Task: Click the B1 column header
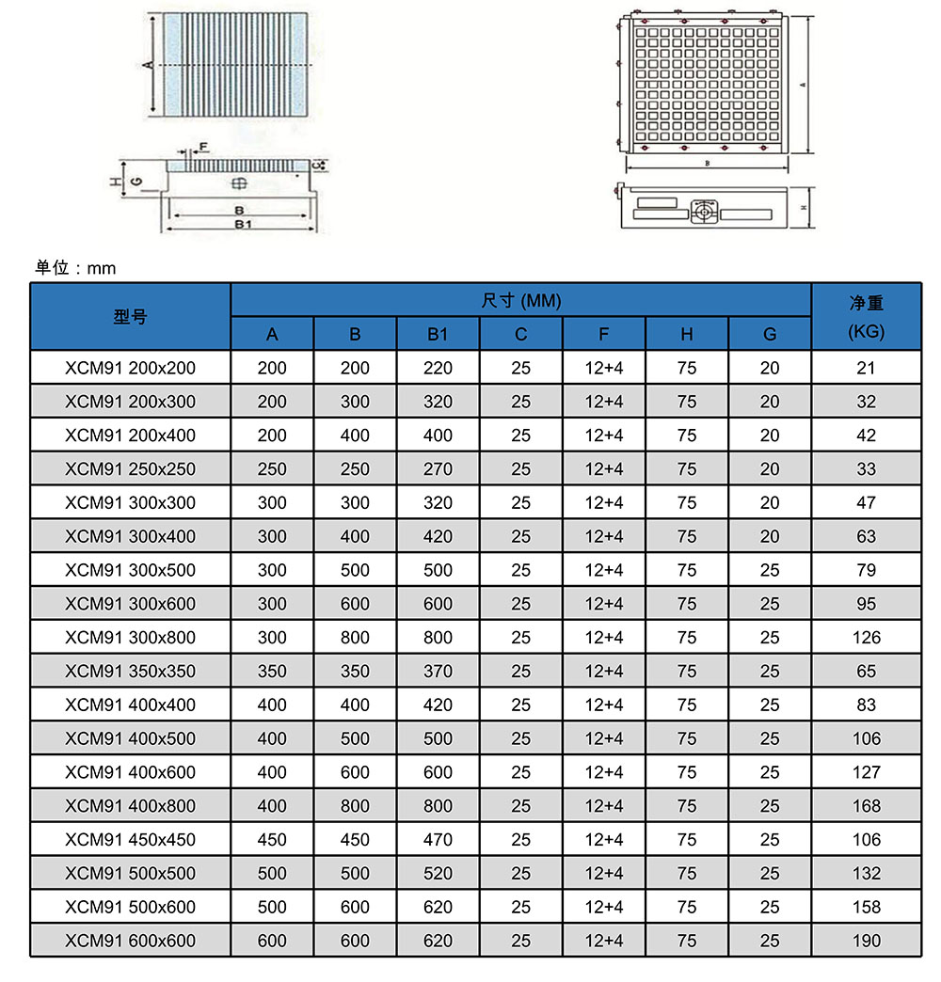(438, 334)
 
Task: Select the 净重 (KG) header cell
(866, 317)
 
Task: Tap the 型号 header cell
(130, 317)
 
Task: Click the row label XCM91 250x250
(130, 468)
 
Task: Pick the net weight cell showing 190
(866, 941)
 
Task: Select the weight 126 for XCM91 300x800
(866, 638)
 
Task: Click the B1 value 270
(438, 468)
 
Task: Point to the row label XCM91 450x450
(130, 839)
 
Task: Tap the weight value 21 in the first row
(866, 368)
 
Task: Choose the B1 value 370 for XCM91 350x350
(438, 672)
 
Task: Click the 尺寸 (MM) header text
(520, 301)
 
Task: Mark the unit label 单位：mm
(75, 268)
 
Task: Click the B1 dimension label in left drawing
(242, 225)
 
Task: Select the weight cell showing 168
(866, 806)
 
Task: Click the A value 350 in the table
(272, 672)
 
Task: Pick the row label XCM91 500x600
(130, 907)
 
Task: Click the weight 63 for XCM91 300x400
(866, 536)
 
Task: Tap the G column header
(770, 334)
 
